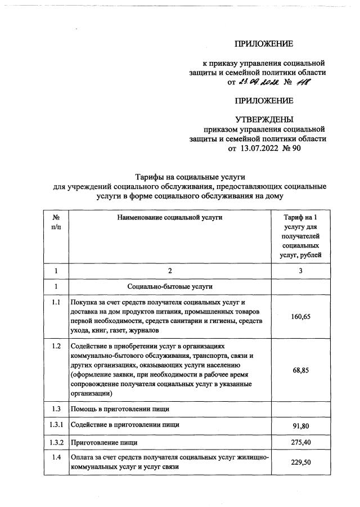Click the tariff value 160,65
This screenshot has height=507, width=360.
(x=300, y=317)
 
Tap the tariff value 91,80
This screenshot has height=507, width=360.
(x=300, y=426)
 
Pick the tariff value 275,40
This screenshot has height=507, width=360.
(x=300, y=443)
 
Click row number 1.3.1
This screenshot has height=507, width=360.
(x=56, y=425)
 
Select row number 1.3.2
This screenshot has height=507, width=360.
(x=56, y=443)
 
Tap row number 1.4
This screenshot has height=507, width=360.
(x=56, y=457)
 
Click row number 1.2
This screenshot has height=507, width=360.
(x=56, y=346)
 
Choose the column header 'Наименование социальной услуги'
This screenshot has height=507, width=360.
(x=170, y=217)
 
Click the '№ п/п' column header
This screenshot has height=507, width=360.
(x=56, y=222)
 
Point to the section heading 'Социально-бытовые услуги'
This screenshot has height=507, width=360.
(x=170, y=286)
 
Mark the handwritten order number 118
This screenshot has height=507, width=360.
(x=303, y=82)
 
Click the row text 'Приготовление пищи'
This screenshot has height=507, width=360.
(x=103, y=443)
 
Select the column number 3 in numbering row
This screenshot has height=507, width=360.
(x=300, y=271)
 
